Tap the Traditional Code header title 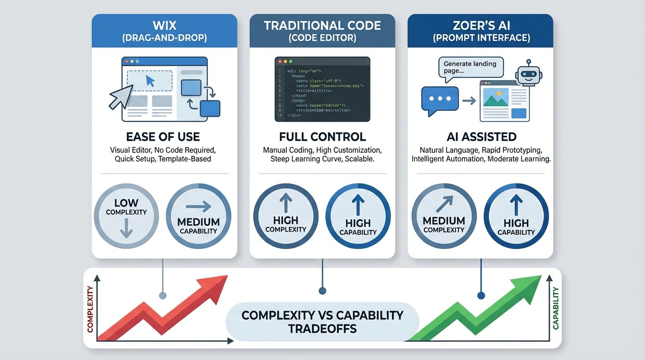coord(322,25)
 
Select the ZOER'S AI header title coord(480,25)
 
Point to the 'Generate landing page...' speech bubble coord(471,67)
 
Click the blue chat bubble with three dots coord(440,99)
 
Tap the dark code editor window coord(322,89)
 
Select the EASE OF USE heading coord(163,137)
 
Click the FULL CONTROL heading coord(322,137)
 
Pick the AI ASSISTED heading coord(481,137)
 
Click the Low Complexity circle coord(127,216)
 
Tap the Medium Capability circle coord(199,216)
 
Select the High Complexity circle coord(286,216)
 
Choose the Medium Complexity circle coord(444,216)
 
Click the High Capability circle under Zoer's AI coord(516,216)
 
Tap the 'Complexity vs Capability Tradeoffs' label coord(322,322)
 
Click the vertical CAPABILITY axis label coord(556,308)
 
